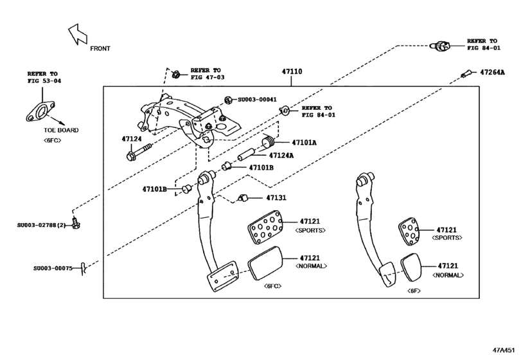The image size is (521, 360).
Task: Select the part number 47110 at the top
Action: [x=292, y=73]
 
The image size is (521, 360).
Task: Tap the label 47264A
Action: [x=493, y=73]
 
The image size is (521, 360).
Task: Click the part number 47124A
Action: [x=281, y=155]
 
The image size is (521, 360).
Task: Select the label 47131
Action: [x=276, y=198]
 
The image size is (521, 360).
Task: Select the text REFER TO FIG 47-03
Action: [x=206, y=73]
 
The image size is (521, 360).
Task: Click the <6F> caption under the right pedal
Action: [x=414, y=291]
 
